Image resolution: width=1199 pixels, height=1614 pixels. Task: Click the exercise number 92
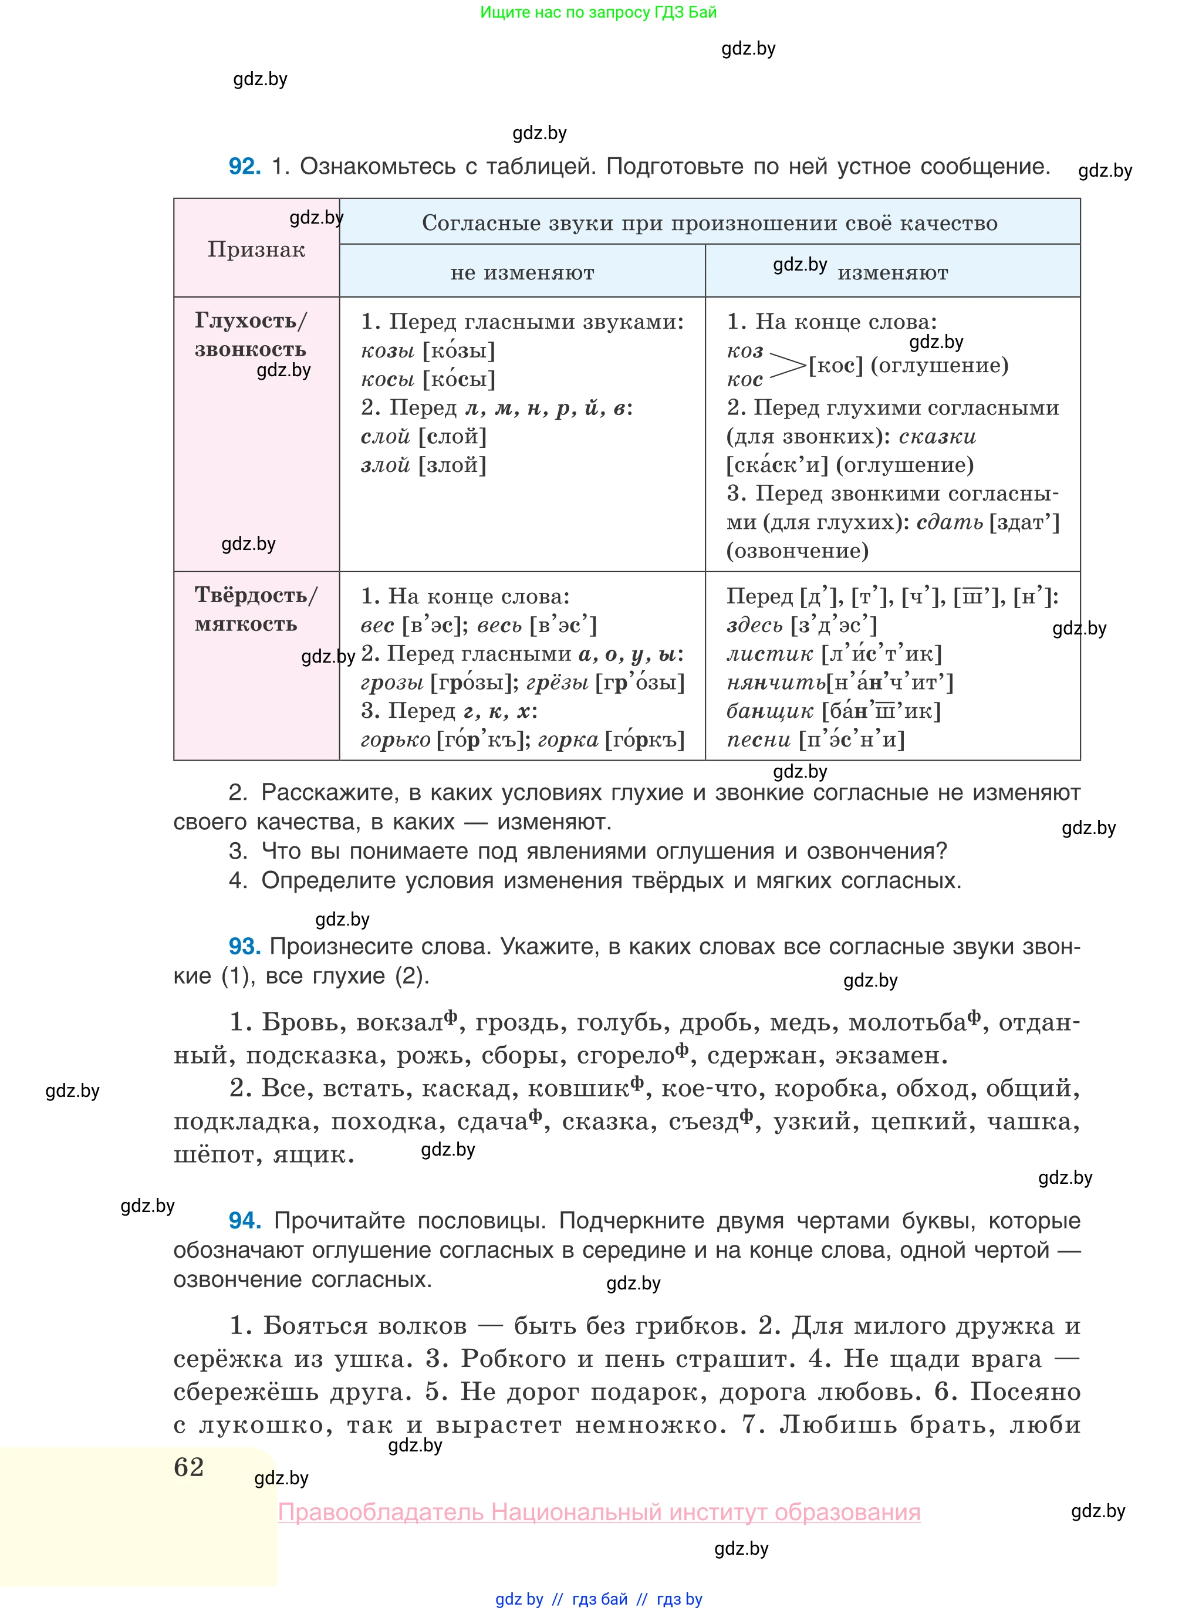click(244, 166)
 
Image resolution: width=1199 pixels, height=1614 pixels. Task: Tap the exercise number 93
click(244, 946)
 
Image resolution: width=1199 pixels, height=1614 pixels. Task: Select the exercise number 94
click(244, 1221)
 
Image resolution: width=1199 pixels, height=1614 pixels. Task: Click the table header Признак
click(256, 249)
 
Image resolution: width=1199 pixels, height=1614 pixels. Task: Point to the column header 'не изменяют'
click(522, 273)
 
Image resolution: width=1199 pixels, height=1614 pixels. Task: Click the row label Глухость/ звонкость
click(251, 335)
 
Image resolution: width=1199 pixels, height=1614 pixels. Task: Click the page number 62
click(189, 1467)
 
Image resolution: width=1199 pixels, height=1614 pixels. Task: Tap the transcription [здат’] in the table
click(1024, 522)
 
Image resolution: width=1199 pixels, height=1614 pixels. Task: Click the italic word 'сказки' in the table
click(937, 437)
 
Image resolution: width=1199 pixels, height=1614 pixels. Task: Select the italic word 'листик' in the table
click(769, 654)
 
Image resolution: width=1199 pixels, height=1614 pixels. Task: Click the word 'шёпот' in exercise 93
click(215, 1154)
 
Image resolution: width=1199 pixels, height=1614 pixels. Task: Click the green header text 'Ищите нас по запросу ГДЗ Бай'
click(598, 12)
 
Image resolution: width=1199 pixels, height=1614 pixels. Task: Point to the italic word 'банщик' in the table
click(769, 711)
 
